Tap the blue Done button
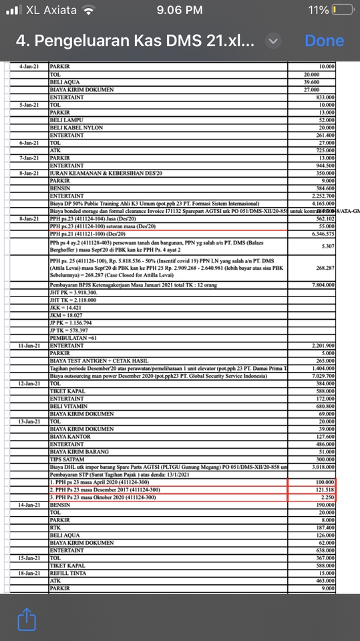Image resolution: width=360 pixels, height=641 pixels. click(324, 41)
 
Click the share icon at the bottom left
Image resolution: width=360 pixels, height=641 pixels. click(26, 619)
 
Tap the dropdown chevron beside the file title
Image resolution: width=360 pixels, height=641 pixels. click(273, 41)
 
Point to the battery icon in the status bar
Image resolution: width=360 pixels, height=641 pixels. click(343, 11)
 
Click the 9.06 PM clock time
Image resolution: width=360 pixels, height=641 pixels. click(179, 11)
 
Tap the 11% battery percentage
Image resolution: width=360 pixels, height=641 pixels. click(319, 11)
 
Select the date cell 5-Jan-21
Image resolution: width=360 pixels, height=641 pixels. click(29, 105)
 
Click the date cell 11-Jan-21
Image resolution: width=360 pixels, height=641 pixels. click(29, 345)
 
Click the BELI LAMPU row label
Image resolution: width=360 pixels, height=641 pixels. click(65, 120)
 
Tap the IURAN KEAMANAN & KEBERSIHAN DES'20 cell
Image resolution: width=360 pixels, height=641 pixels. click(100, 172)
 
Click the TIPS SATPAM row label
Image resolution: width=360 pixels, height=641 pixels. click(67, 459)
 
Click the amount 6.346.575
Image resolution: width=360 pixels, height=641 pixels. click(321, 234)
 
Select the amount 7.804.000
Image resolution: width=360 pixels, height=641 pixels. click(321, 285)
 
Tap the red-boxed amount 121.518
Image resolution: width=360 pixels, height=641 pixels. click(323, 489)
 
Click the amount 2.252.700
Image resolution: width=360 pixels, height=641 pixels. click(321, 195)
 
